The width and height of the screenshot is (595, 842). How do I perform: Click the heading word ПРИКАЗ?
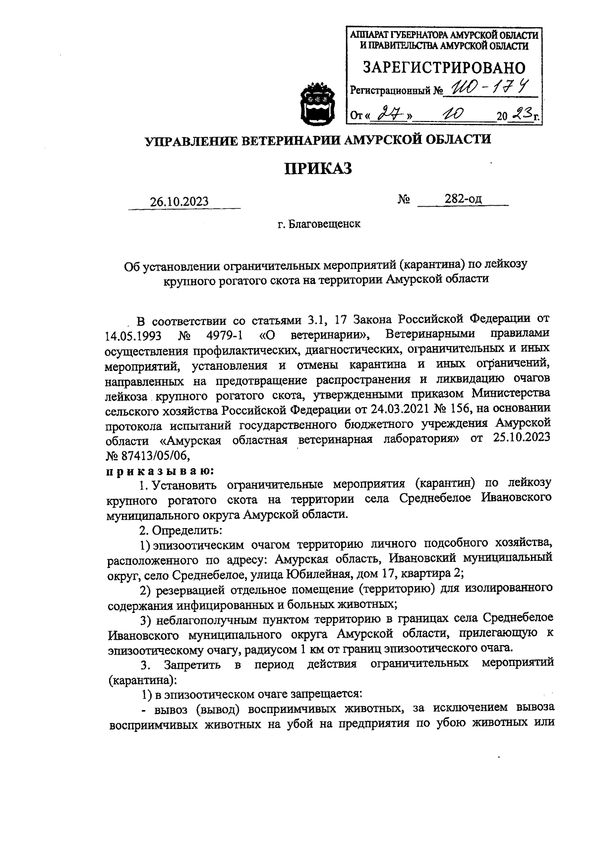pyautogui.click(x=318, y=169)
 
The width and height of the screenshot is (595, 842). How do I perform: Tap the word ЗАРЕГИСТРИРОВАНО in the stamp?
pyautogui.click(x=444, y=67)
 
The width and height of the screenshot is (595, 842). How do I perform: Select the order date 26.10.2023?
pyautogui.click(x=179, y=202)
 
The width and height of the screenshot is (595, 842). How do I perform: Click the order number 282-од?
pyautogui.click(x=463, y=199)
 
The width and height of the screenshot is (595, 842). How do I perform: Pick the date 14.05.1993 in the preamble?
pyautogui.click(x=134, y=336)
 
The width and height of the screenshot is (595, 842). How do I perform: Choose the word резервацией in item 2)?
pyautogui.click(x=187, y=590)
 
